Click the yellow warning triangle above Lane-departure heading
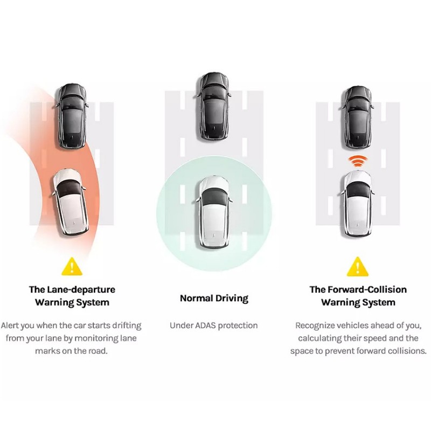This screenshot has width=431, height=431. [72, 267]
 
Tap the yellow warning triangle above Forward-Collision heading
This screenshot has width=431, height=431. [358, 267]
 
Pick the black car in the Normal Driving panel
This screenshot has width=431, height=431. [214, 107]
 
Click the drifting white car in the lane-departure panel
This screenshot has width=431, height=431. [71, 203]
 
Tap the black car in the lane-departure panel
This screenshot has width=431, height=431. [72, 116]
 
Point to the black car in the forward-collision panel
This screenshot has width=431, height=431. [357, 118]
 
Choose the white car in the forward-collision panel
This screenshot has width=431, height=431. [357, 204]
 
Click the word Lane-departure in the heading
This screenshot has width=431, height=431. [81, 290]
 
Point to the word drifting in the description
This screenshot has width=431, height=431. [126, 326]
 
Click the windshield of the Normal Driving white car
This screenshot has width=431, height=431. [214, 196]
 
